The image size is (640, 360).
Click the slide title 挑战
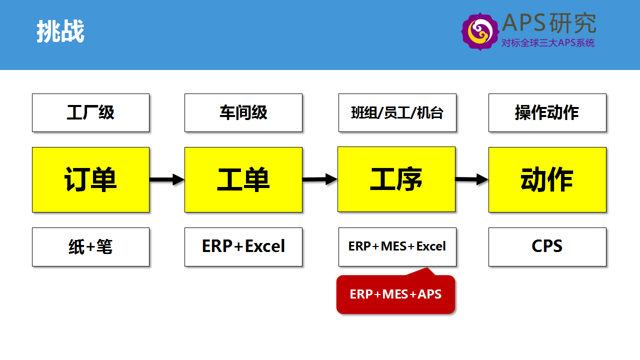click(x=60, y=31)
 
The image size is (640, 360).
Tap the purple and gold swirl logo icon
click(x=480, y=31)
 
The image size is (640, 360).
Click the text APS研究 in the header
click(x=549, y=23)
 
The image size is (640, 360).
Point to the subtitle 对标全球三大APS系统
click(x=548, y=43)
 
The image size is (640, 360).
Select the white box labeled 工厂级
click(x=90, y=112)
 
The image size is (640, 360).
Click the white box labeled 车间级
click(x=243, y=112)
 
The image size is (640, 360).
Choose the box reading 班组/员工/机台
click(x=397, y=112)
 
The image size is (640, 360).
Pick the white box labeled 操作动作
click(x=547, y=112)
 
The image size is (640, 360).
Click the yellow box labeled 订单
click(x=90, y=179)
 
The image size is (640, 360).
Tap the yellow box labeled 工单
click(x=243, y=179)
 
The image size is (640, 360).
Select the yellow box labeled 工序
click(x=396, y=179)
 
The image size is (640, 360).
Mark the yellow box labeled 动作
click(x=547, y=179)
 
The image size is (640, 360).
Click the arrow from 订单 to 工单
click(x=167, y=179)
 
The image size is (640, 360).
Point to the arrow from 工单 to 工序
click(x=319, y=179)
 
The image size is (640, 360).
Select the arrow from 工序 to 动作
click(x=471, y=179)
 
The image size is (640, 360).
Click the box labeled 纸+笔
click(x=90, y=247)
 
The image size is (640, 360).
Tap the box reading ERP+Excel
click(x=243, y=247)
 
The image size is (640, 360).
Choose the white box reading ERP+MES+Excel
click(x=397, y=247)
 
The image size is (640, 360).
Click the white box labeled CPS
click(x=547, y=247)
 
